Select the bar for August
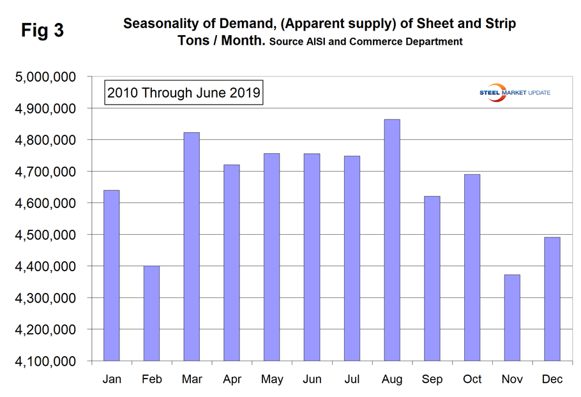pos(392,240)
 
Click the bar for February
pos(151,313)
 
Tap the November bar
pos(512,318)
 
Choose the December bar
pos(552,299)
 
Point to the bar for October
pos(472,267)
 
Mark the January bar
pos(111,275)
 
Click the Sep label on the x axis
pos(432,380)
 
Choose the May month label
pos(272,380)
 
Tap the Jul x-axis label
pos(352,380)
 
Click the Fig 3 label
pos(42,31)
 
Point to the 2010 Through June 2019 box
pos(184,93)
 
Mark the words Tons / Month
pos(220,41)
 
